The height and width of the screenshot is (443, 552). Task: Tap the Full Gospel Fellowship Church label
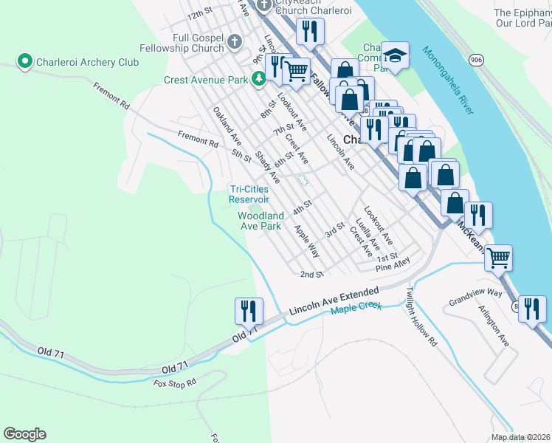(188, 42)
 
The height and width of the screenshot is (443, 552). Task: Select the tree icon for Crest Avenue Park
(258, 78)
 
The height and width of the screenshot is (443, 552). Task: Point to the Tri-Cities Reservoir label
(249, 193)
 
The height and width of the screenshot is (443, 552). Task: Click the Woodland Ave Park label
(259, 221)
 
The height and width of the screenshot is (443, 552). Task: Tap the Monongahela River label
(448, 80)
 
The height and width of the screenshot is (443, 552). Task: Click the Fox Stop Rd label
(175, 383)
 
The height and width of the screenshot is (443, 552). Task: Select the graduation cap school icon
(396, 56)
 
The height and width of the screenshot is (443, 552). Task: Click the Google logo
(24, 434)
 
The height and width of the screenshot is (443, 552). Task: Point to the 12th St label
(199, 15)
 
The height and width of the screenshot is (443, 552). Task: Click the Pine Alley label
(392, 264)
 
